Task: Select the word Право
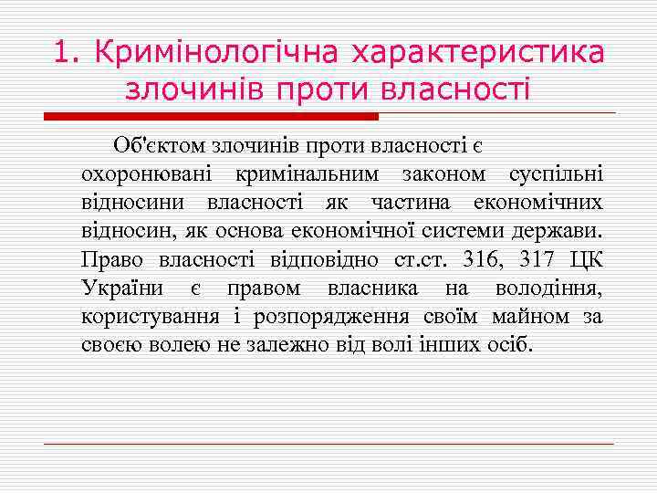click(112, 261)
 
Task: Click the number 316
click(482, 261)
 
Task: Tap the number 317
click(538, 261)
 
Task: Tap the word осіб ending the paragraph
click(508, 347)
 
